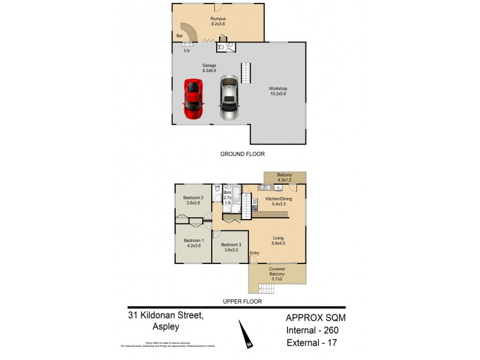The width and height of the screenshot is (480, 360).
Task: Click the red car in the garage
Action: tap(193, 98)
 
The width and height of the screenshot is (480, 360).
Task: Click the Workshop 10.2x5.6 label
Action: tap(278, 92)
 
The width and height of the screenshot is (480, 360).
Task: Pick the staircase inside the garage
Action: tap(245, 73)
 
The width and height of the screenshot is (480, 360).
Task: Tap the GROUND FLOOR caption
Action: tap(243, 154)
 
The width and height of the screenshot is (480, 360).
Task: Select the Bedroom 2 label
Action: tap(194, 198)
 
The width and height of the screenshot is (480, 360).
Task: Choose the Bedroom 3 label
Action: tap(231, 245)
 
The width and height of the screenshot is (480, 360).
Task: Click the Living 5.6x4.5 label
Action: tap(278, 241)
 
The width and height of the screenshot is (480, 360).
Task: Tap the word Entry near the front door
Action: tap(255, 253)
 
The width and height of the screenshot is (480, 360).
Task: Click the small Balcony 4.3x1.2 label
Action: tap(284, 177)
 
